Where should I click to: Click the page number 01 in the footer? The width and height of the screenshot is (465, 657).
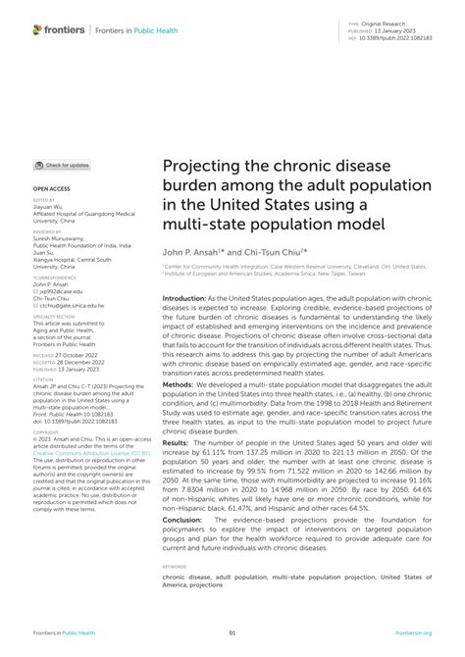232,633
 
